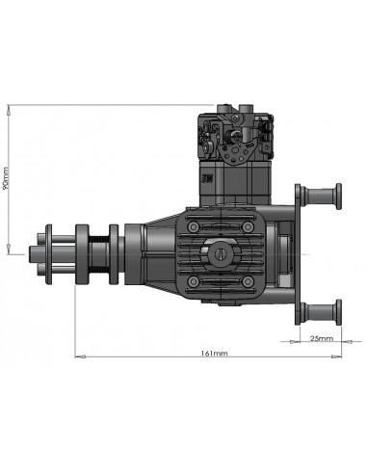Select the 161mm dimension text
coord(214,354)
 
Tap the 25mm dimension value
coord(321,338)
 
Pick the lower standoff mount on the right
coord(322,310)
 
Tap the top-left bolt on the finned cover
coord(195,225)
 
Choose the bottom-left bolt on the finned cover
coord(195,280)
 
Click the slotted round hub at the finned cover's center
coord(222,252)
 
